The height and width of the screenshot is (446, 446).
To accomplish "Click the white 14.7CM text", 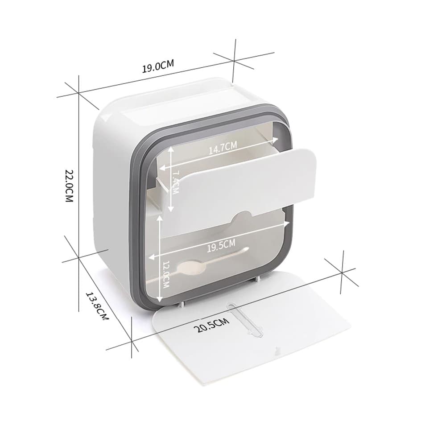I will (x=223, y=147).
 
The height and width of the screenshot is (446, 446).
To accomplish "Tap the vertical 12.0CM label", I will (x=166, y=274).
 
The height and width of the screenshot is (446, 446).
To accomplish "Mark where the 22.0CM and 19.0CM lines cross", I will (x=79, y=94).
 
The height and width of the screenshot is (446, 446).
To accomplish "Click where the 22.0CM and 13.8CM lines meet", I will (x=79, y=257).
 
